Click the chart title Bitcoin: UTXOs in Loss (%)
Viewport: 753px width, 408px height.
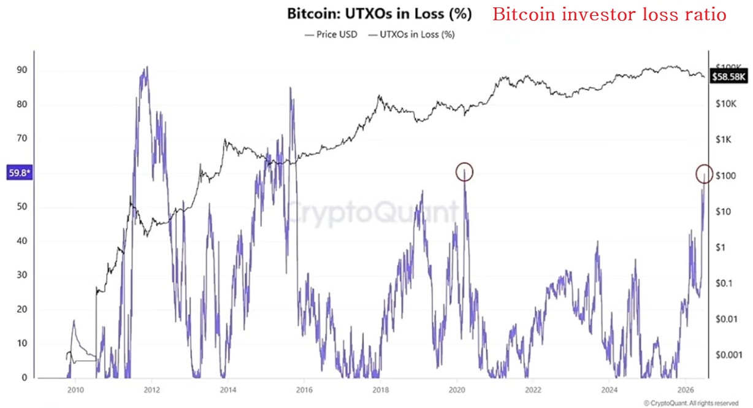click(x=380, y=13)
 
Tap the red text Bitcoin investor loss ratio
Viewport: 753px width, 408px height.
click(x=610, y=15)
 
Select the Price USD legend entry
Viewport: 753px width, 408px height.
click(x=331, y=34)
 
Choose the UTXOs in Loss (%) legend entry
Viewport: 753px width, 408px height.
click(x=411, y=34)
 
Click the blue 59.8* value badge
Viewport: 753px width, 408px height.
click(x=20, y=172)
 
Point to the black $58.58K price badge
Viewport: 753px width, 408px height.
click(x=728, y=77)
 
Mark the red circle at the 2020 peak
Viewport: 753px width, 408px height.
click(x=464, y=172)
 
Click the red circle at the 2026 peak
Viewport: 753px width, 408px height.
click(x=704, y=174)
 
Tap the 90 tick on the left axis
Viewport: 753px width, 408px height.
click(x=22, y=69)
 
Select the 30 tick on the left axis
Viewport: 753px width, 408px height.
click(x=22, y=275)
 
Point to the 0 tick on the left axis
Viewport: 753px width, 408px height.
click(x=25, y=377)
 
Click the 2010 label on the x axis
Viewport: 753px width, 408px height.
click(x=75, y=390)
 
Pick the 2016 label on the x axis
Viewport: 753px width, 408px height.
click(x=304, y=390)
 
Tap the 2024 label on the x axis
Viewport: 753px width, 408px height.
click(x=609, y=390)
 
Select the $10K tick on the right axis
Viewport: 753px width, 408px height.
click(x=726, y=104)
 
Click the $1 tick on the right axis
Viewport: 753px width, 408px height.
click(x=721, y=247)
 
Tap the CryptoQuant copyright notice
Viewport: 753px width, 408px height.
click(x=691, y=403)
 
